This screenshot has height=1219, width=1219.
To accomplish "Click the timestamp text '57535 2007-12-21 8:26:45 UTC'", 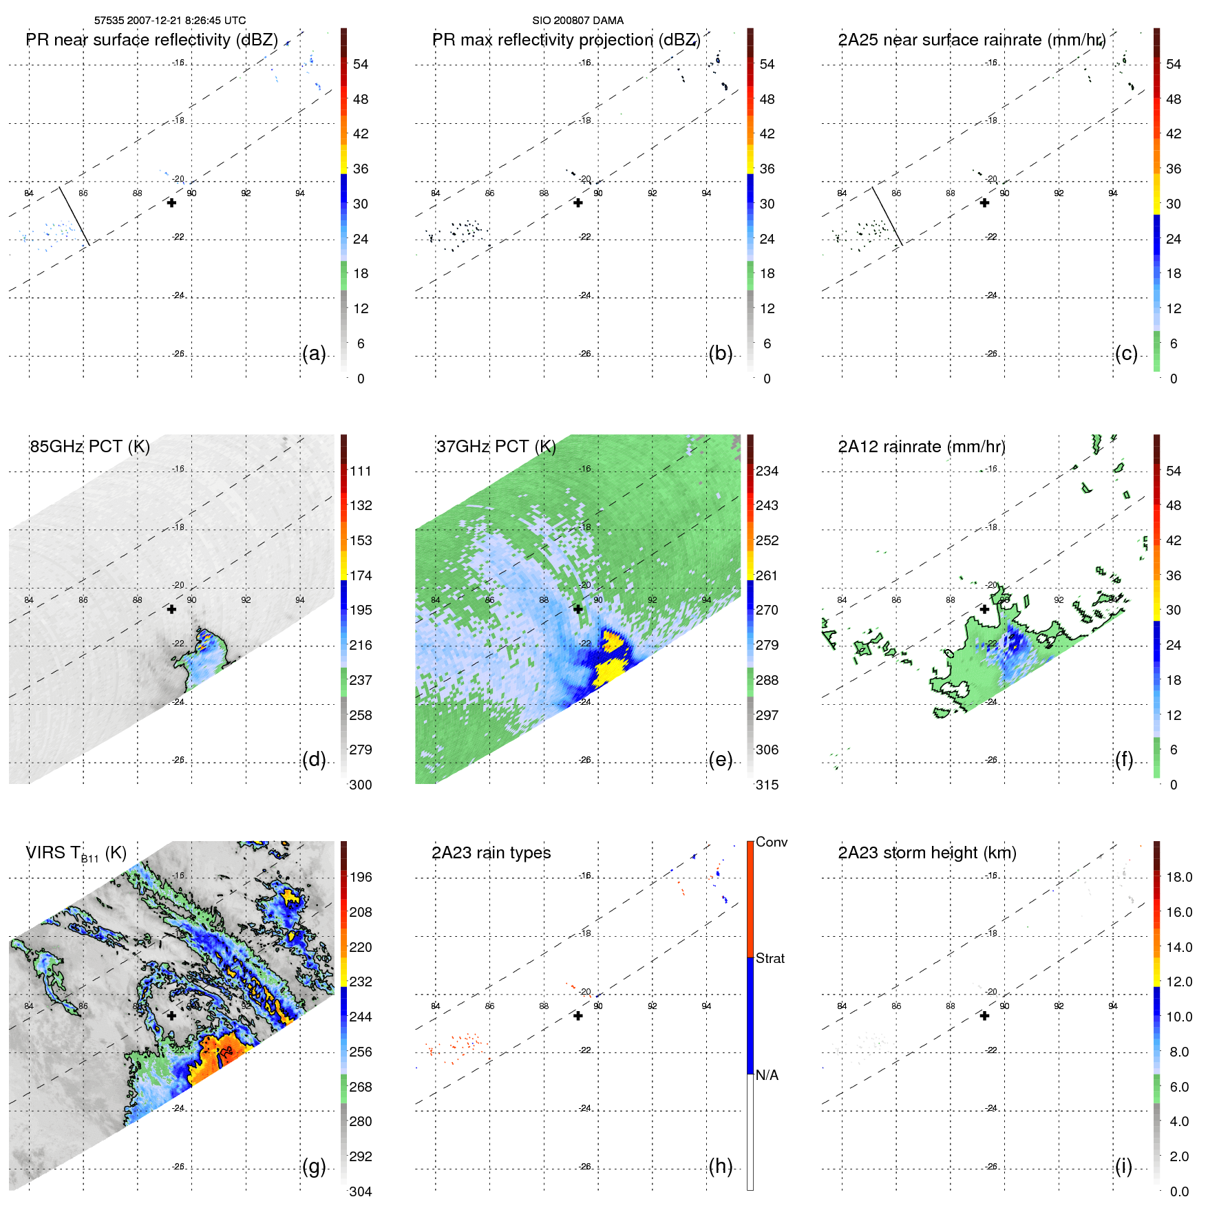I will [169, 21].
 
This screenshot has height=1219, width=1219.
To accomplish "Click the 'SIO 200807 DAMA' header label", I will [577, 21].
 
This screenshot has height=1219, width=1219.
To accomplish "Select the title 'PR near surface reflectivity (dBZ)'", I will [151, 40].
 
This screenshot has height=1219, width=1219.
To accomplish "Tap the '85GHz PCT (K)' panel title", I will [89, 447].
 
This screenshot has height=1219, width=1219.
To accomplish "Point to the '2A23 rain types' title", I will [491, 853].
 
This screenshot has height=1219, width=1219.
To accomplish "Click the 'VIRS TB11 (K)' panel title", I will [76, 854].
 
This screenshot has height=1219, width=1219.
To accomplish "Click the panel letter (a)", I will [314, 354].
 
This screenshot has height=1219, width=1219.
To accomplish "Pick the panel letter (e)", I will [720, 760].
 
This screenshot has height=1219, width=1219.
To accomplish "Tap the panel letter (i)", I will [1123, 1167].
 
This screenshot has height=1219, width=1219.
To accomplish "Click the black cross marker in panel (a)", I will [171, 202].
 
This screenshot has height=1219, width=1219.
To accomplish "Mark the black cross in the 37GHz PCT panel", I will [578, 609].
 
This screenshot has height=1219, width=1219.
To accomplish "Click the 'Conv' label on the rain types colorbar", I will [771, 842].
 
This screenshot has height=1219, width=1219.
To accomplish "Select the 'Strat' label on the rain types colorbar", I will [770, 959].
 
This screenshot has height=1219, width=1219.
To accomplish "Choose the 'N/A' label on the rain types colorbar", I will [767, 1075].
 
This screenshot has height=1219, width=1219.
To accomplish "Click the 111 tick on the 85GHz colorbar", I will [361, 471].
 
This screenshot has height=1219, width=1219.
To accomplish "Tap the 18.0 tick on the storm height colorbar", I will [1178, 878].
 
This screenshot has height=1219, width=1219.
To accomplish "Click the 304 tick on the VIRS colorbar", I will [360, 1191].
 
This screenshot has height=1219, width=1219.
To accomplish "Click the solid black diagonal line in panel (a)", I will [74, 215].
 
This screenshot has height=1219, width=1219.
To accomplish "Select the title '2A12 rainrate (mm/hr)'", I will [922, 447].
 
